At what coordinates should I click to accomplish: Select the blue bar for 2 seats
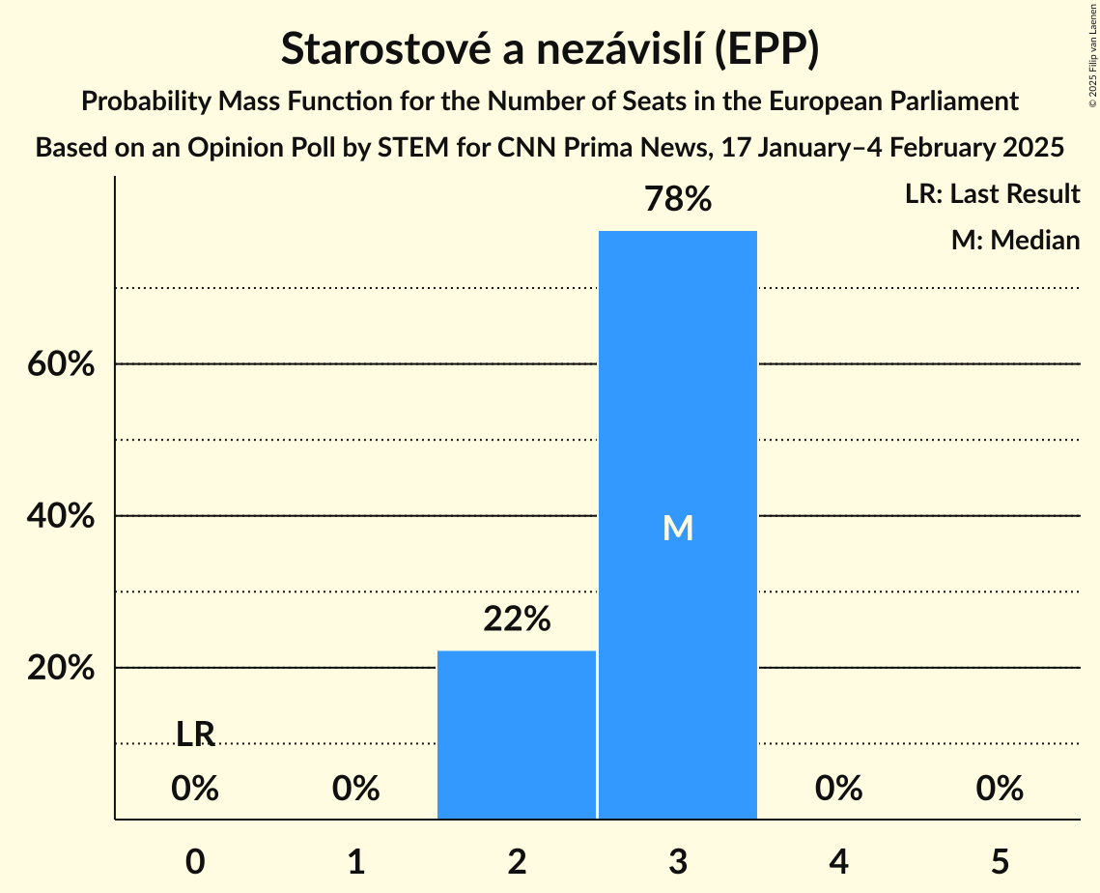pos(517,735)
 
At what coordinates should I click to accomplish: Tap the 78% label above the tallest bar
pos(677,200)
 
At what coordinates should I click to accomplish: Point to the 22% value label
pos(517,619)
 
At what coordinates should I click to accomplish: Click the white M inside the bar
pos(677,528)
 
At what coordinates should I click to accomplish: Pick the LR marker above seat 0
pos(195,735)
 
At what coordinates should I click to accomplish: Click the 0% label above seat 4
pos(838,790)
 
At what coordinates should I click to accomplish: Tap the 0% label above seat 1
pos(355,790)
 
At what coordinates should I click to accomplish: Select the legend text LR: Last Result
pos(992,194)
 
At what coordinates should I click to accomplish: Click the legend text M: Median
pos(1015,240)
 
